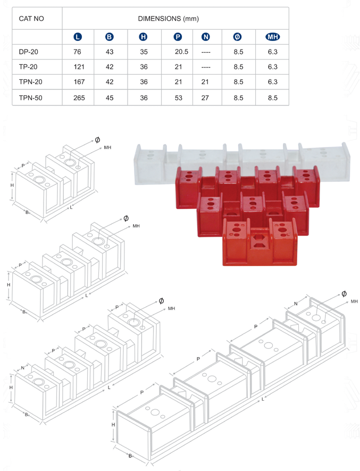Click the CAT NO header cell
pyautogui.click(x=31, y=19)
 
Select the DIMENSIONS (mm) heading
pyautogui.click(x=169, y=19)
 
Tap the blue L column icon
pyautogui.click(x=78, y=37)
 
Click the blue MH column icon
pyautogui.click(x=273, y=37)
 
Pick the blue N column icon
pyautogui.click(x=206, y=37)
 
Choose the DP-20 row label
pyautogui.click(x=29, y=52)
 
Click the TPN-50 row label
pyautogui.click(x=31, y=98)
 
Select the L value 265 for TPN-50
pyautogui.click(x=79, y=98)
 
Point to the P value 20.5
pyautogui.click(x=182, y=52)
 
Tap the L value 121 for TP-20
pyautogui.click(x=79, y=67)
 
